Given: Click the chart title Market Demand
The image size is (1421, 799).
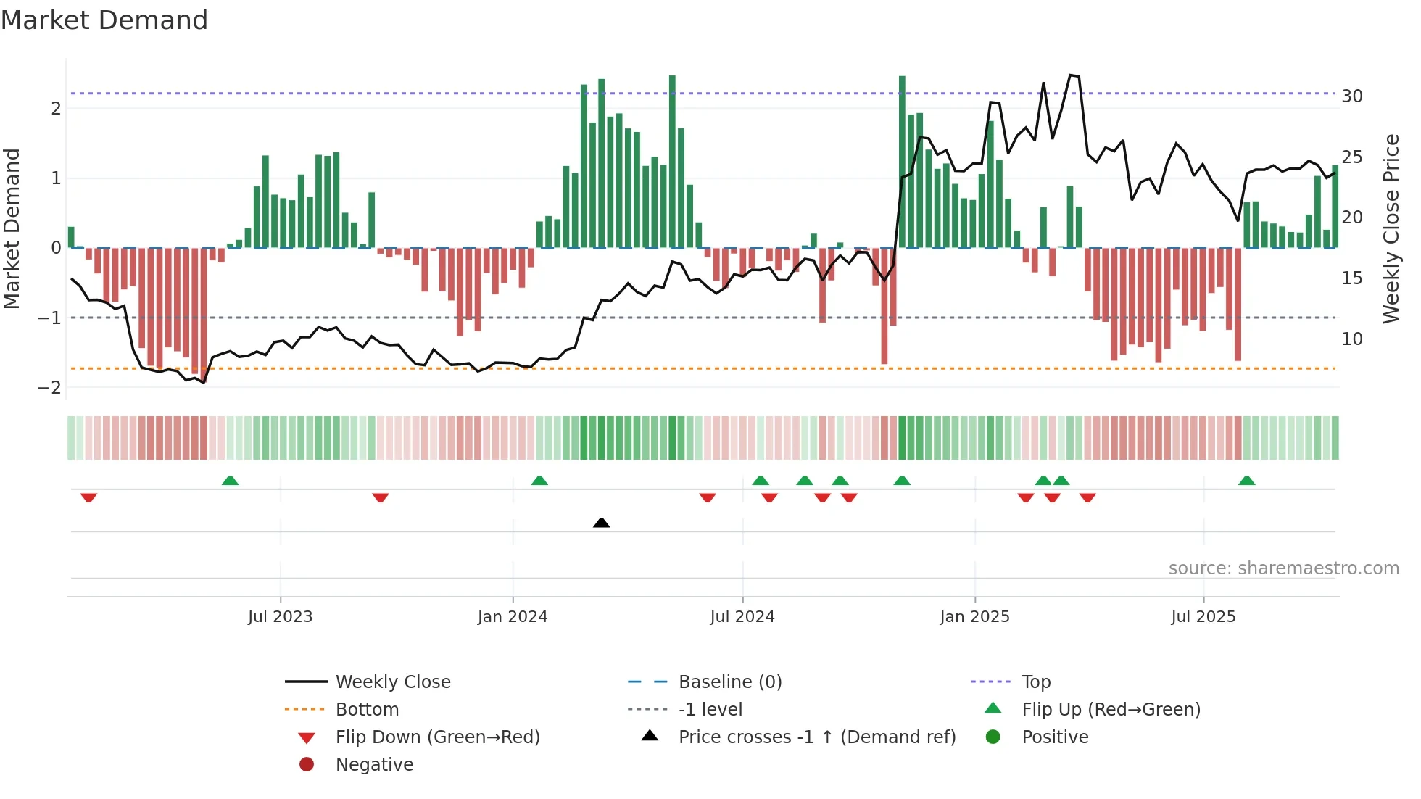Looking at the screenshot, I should pyautogui.click(x=104, y=20).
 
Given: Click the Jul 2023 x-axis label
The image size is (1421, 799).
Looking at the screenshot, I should pyautogui.click(x=280, y=617).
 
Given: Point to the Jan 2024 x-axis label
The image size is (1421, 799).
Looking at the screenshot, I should pyautogui.click(x=513, y=617).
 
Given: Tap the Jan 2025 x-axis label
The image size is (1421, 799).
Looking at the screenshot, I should pyautogui.click(x=974, y=617).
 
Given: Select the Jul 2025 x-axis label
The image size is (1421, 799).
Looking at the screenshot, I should pyautogui.click(x=1203, y=617).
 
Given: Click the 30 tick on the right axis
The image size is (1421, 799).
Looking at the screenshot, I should pyautogui.click(x=1351, y=96).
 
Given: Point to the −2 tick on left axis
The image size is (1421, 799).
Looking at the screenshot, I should pyautogui.click(x=49, y=387).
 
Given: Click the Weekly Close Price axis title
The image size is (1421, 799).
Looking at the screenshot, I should pyautogui.click(x=1391, y=228).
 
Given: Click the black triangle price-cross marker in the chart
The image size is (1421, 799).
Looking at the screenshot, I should pyautogui.click(x=601, y=523).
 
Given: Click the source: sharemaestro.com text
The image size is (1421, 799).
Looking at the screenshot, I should pyautogui.click(x=1283, y=568).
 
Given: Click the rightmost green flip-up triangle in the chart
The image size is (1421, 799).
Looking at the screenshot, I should pyautogui.click(x=1246, y=481).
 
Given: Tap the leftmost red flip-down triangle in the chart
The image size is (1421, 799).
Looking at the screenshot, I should pyautogui.click(x=88, y=497).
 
